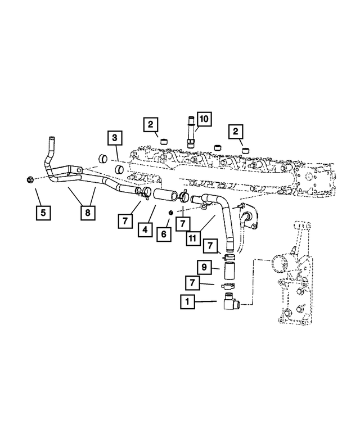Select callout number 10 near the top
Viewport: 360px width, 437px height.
tap(203, 119)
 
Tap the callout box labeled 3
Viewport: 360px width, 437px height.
tap(115, 137)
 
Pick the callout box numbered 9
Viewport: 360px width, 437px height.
tap(204, 267)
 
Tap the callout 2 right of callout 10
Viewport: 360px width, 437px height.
tap(235, 132)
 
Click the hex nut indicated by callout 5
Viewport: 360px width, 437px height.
tap(29, 180)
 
